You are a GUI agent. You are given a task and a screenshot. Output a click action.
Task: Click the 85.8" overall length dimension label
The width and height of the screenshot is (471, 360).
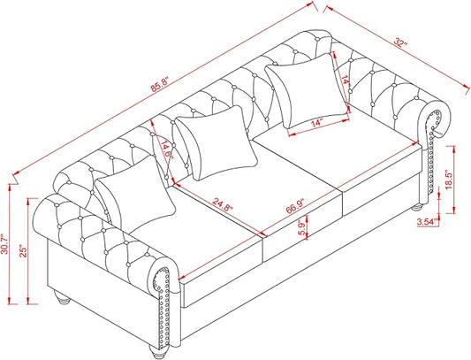[161, 85]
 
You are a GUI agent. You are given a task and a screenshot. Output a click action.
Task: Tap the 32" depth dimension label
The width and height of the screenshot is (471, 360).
[400, 42]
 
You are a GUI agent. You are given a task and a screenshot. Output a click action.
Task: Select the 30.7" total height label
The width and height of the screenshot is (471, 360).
[4, 244]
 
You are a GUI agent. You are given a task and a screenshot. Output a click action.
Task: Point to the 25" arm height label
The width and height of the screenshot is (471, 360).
[24, 250]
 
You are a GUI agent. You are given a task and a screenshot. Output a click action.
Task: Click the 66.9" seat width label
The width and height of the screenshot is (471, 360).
[295, 206]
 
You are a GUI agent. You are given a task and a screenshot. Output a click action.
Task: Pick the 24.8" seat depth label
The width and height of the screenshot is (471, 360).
[224, 205]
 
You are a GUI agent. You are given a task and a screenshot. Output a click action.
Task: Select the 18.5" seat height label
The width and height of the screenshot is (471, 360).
[449, 180]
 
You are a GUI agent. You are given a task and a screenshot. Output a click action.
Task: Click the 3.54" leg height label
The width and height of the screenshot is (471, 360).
[427, 222]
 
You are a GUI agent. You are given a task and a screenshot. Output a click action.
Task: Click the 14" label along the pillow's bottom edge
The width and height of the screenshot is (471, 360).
[317, 123]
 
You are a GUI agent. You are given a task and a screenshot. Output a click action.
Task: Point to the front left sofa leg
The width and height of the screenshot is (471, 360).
[158, 349]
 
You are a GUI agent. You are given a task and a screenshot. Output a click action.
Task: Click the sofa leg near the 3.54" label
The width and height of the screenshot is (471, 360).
[417, 207]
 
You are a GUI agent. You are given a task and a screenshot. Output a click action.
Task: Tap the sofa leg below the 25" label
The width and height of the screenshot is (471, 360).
[62, 298]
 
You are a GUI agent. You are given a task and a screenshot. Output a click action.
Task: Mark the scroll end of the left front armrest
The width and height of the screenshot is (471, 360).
[164, 278]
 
